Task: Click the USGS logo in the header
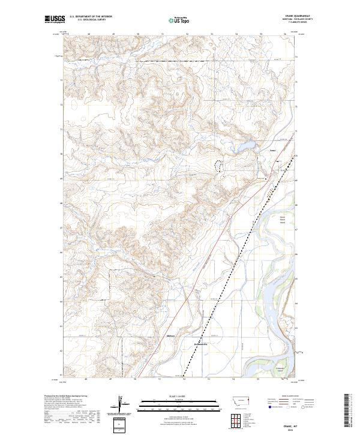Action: [x=55, y=20]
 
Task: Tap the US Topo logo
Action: [x=179, y=20]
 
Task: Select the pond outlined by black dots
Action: [x=218, y=165]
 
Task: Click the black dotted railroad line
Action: [x=240, y=252]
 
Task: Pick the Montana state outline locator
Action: [x=235, y=400]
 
